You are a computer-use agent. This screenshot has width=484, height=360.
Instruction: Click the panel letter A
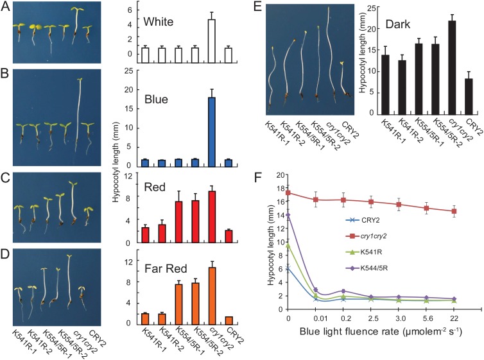point(5,7)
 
